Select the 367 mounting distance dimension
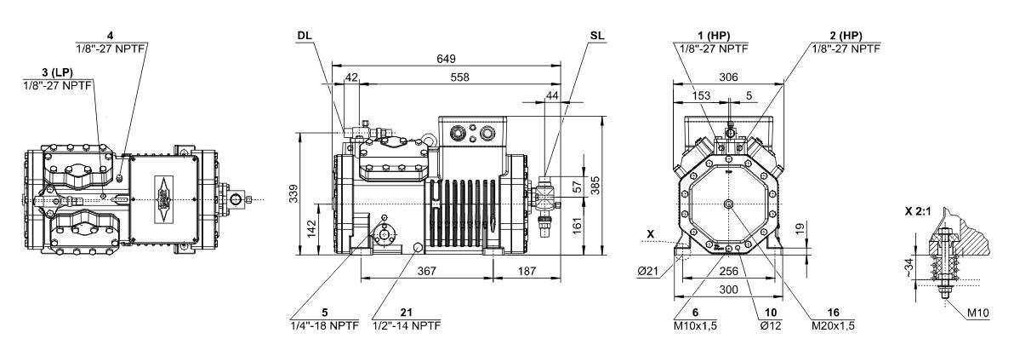pyautogui.click(x=426, y=270)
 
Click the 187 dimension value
pyautogui.click(x=527, y=270)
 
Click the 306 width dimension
pyautogui.click(x=728, y=77)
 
